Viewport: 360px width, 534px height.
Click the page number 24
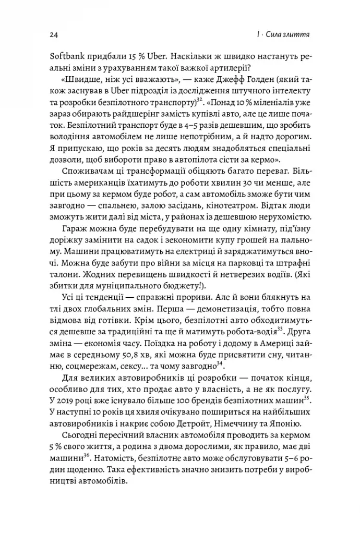click(53, 35)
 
